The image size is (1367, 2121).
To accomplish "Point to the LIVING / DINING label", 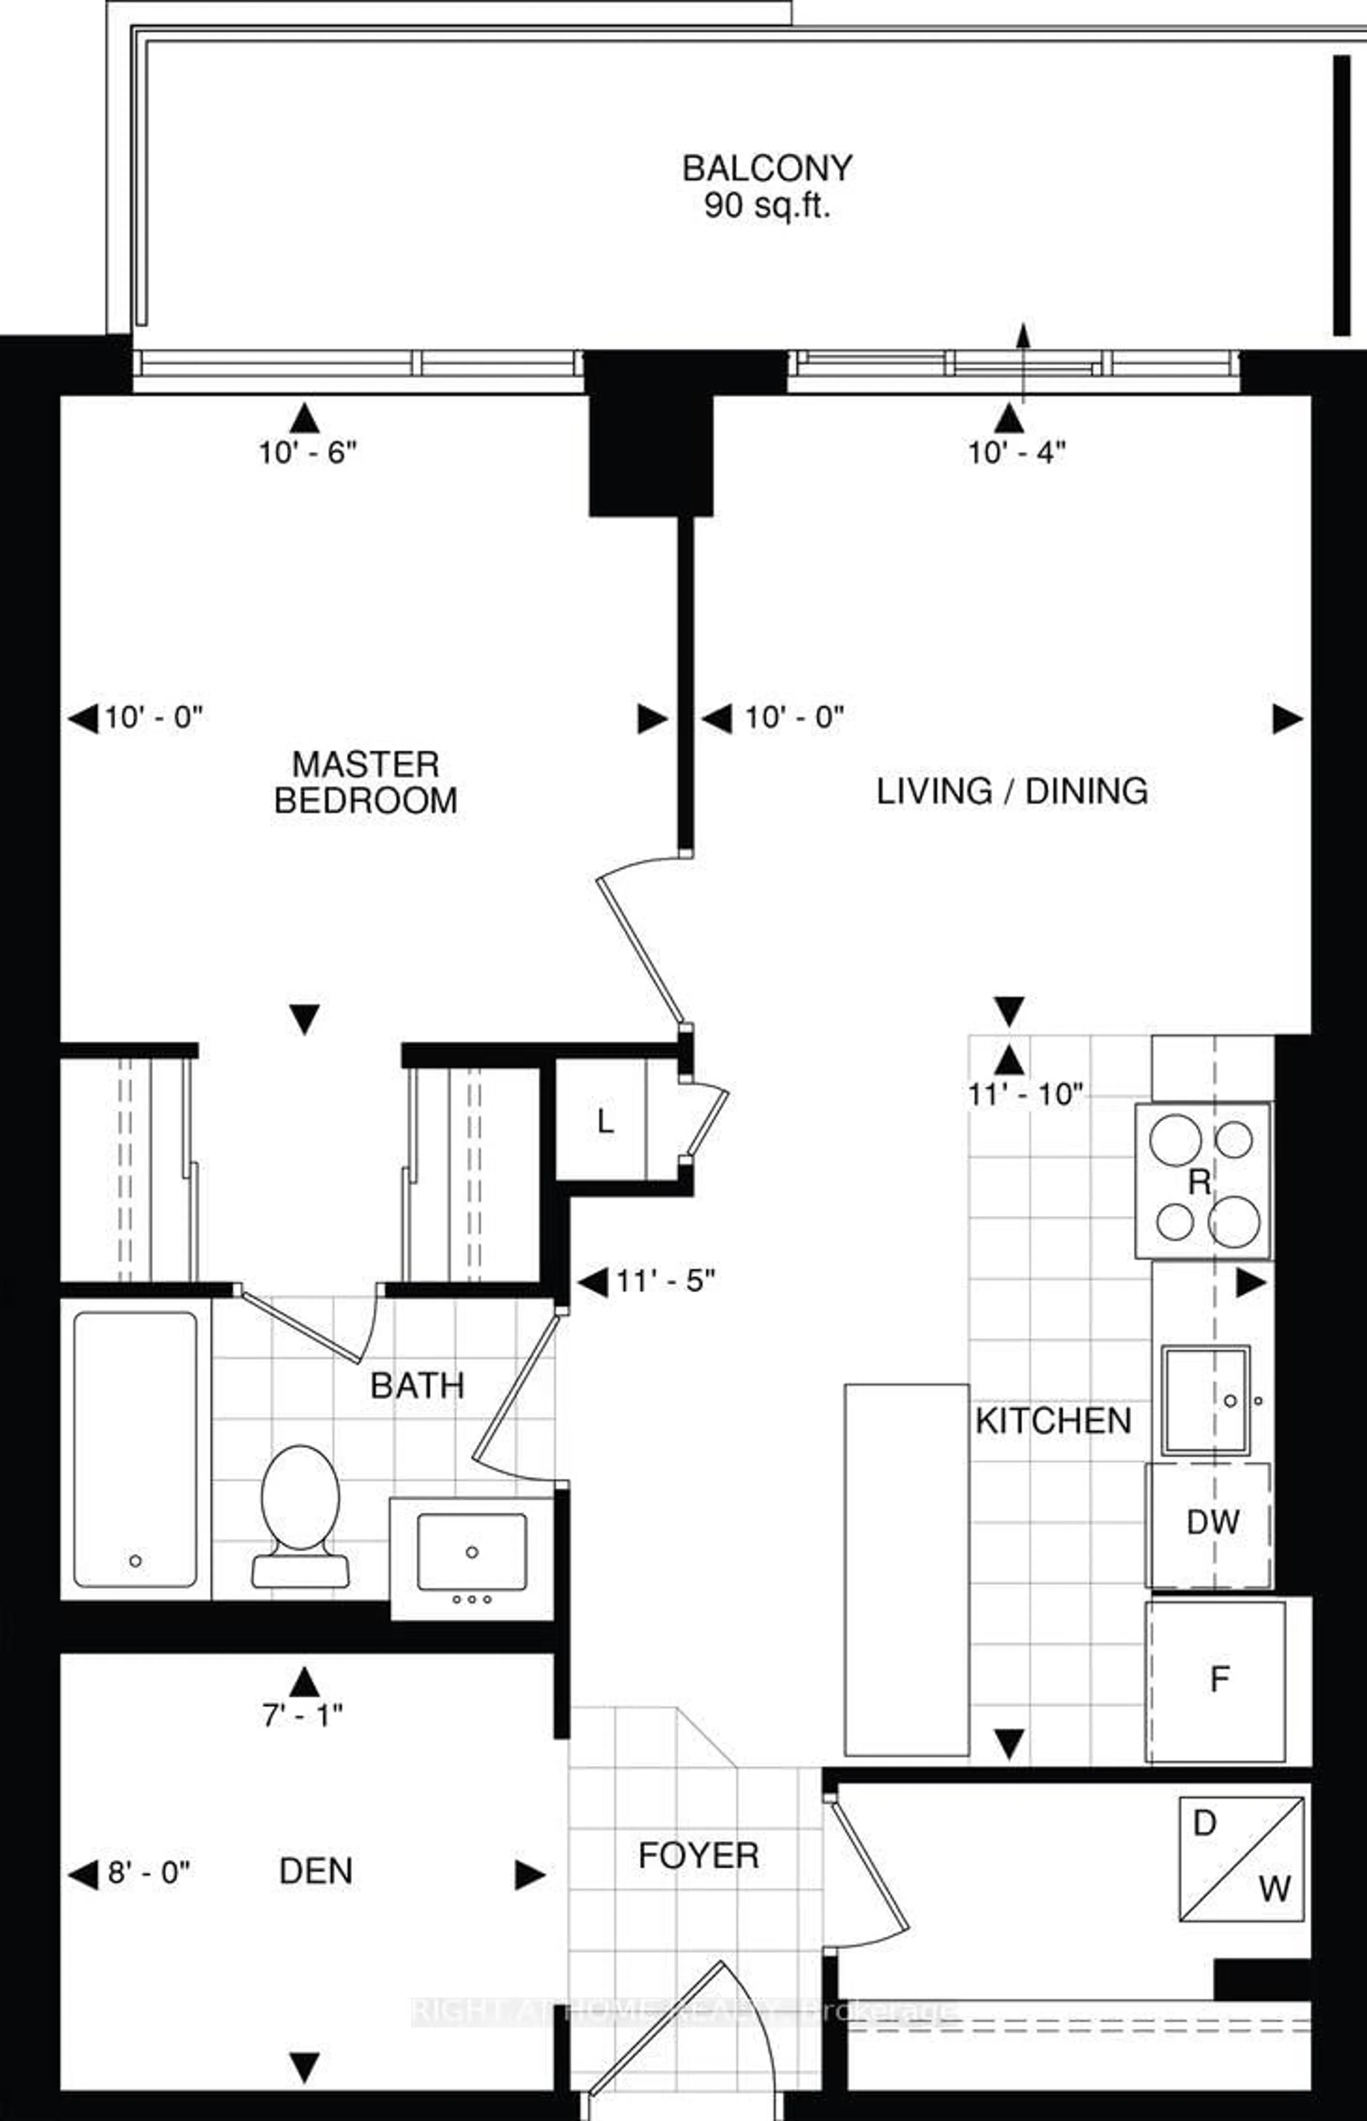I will click(1012, 791).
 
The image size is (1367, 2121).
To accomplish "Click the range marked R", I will click(1203, 1180).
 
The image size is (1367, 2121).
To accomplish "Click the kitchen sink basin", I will click(1205, 1400).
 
